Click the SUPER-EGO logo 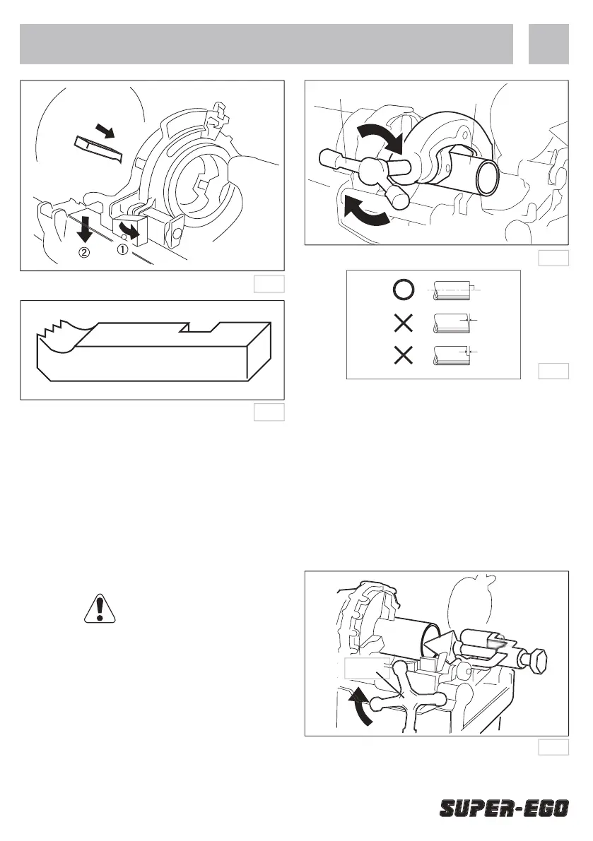pos(504,808)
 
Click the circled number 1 pos(122,249)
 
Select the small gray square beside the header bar pos(548,44)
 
